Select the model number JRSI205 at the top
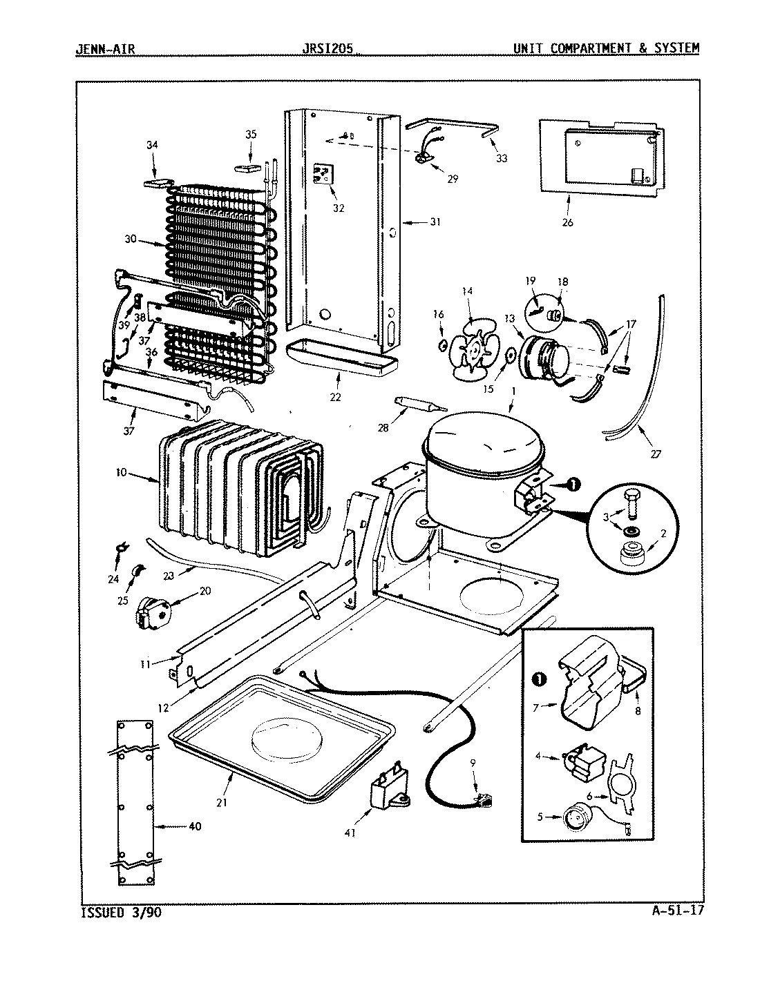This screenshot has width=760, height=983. (329, 48)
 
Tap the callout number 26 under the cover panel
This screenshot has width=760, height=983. (567, 222)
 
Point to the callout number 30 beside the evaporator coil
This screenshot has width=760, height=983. (131, 241)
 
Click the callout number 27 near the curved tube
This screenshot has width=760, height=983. (655, 454)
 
